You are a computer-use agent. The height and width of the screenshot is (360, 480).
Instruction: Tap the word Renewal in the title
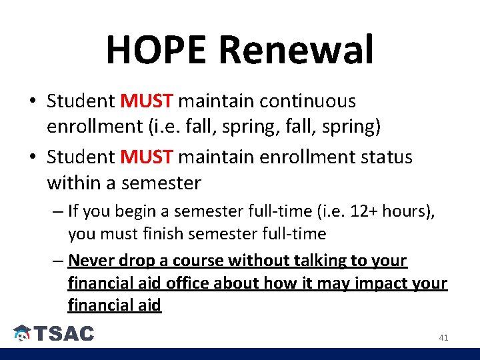click(295, 50)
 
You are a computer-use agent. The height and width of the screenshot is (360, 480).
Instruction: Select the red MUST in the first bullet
click(147, 101)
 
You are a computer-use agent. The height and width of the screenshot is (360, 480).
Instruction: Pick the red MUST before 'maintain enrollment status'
click(147, 157)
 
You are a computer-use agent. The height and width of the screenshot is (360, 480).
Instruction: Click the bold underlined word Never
click(90, 261)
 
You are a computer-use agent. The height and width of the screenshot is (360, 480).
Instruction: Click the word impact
click(382, 283)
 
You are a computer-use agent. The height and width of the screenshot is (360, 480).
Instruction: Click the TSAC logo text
click(64, 334)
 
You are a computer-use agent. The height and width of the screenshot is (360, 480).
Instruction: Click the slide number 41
click(443, 338)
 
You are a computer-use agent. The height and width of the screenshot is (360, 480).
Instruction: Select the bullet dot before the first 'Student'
click(32, 102)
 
